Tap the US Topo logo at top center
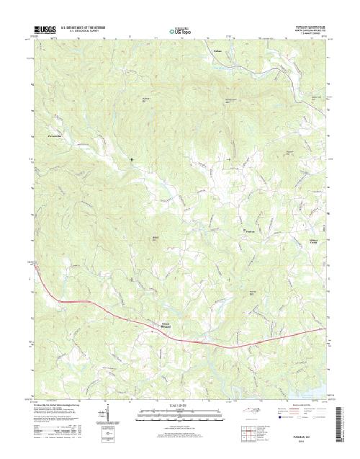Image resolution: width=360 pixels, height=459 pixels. point(180,31)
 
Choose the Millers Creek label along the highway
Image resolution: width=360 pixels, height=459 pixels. point(166,323)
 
